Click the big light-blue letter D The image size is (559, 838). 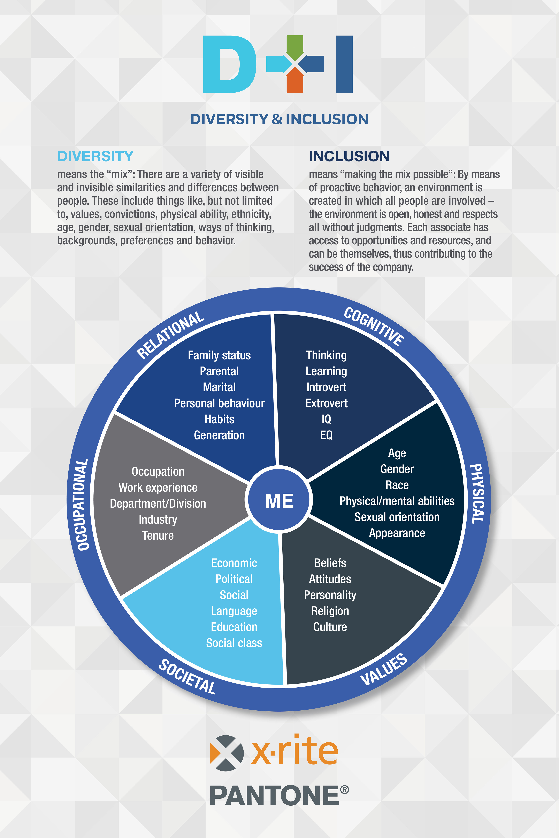228,64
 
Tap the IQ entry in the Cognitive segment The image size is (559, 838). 326,419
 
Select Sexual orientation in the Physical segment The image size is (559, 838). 397,517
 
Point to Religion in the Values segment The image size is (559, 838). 330,611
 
